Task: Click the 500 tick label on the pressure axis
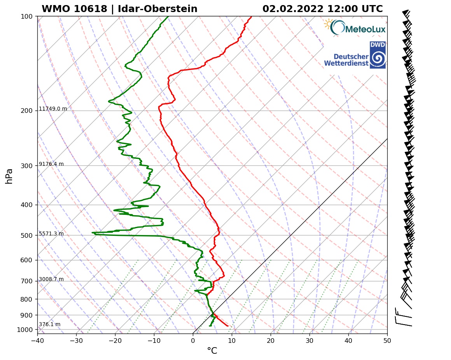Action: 26,235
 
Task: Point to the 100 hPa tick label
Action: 26,16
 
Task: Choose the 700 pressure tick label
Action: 26,281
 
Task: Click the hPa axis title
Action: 9,176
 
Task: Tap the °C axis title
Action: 212,351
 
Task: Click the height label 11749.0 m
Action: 53,109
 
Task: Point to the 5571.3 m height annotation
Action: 51,234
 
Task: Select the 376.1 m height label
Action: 49,324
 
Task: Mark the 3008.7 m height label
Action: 51,279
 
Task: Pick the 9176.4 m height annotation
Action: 51,164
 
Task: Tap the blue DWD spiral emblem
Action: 378,58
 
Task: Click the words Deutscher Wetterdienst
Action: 346,60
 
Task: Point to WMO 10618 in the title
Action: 73,9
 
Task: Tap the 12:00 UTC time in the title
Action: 360,9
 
